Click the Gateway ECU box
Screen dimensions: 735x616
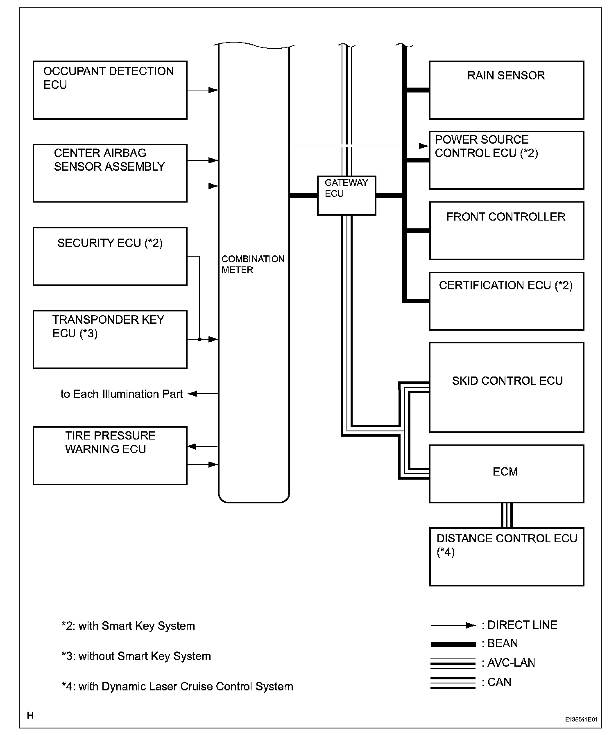click(346, 195)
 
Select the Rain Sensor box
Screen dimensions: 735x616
click(506, 90)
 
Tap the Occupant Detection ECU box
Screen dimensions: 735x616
click(110, 90)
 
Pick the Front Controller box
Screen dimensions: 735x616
click(506, 230)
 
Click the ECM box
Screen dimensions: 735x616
click(506, 473)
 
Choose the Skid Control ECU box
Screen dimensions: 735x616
click(506, 387)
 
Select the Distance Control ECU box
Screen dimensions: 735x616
click(506, 557)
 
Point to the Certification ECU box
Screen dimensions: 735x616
click(506, 301)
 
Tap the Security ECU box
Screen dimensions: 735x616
click(110, 256)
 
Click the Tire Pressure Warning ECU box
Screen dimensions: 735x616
click(110, 455)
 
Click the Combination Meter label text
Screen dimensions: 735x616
click(252, 264)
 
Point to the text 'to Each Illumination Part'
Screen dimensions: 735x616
click(122, 394)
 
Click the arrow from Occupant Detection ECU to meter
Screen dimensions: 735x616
click(202, 90)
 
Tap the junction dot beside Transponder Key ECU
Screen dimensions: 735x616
click(199, 339)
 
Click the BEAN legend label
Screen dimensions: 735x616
click(502, 643)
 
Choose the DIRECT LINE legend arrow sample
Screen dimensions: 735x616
click(453, 625)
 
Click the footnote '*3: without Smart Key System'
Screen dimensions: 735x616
click(136, 656)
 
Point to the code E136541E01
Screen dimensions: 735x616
click(581, 719)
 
